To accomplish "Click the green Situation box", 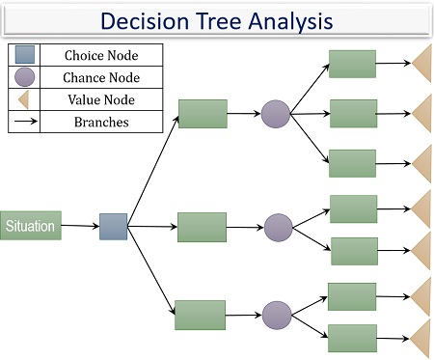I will [30, 226].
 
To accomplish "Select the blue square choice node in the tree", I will [113, 227].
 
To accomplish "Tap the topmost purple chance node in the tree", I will [275, 114].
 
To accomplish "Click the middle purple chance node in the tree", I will [278, 228].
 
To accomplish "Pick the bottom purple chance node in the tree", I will [277, 315].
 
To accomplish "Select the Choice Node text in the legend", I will [99, 56].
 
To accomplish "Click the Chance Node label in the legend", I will [100, 77].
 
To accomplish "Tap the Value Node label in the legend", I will [99, 99].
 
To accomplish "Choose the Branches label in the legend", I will [99, 122].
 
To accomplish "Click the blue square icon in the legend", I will [24, 56].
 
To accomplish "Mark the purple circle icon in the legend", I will [24, 77].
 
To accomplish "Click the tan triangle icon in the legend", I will [24, 99].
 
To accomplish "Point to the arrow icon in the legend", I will [24, 123].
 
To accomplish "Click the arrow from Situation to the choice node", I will [79, 227].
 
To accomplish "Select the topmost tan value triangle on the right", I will [421, 66].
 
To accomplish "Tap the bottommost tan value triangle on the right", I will [421, 340].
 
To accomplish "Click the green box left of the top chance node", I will [203, 114].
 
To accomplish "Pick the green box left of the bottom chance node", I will [200, 315].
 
